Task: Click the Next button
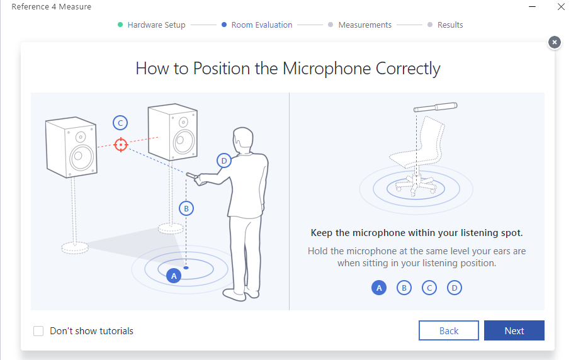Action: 514,330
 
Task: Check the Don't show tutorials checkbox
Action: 38,331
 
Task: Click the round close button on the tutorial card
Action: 554,43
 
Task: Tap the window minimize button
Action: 532,6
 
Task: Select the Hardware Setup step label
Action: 156,25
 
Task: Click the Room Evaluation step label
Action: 262,25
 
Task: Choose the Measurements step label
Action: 365,25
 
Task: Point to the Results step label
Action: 450,25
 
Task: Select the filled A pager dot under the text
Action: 379,288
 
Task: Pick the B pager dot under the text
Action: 404,288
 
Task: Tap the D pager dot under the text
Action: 454,288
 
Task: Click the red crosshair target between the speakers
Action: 120,145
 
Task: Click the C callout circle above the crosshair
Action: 120,123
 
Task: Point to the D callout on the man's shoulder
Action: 224,160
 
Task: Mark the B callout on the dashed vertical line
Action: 186,208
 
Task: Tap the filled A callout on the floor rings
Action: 174,276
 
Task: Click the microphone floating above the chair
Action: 435,107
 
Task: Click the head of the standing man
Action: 242,138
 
